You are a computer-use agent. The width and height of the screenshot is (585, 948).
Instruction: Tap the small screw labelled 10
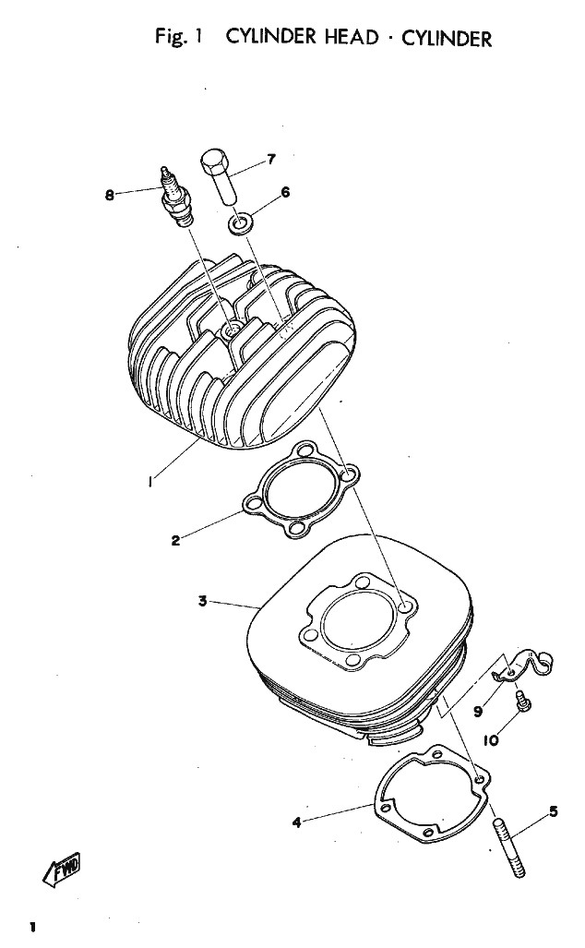pos(521,702)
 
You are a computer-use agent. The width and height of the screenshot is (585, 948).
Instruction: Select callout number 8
pos(110,195)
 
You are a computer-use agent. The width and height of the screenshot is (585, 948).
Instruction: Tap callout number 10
pos(491,739)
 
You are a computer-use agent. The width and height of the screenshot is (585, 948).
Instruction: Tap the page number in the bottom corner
pos(32,926)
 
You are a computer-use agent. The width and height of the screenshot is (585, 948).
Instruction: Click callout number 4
pos(296,822)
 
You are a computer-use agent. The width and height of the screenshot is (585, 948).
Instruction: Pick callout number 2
pos(175,541)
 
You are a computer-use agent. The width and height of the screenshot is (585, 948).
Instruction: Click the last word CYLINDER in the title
pos(447,39)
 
